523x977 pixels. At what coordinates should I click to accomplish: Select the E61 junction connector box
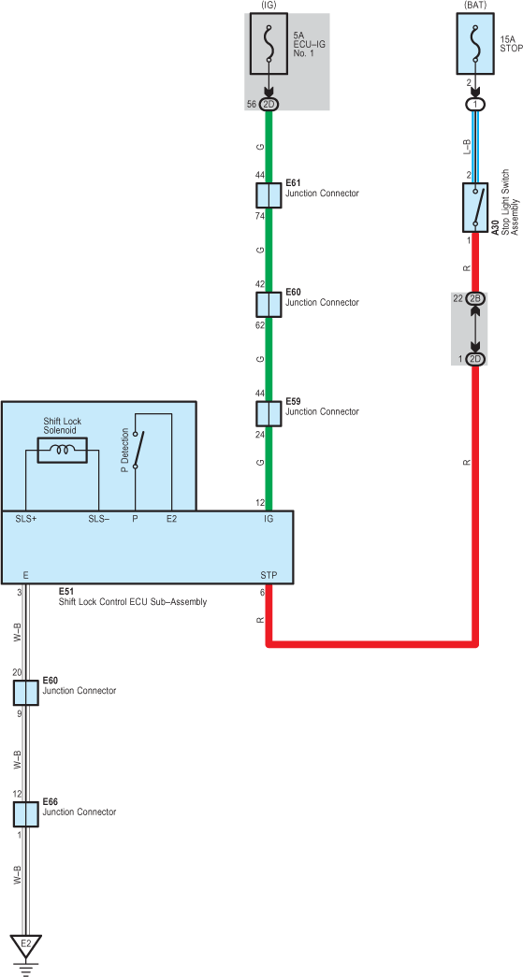(269, 195)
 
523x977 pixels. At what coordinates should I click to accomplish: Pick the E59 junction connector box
(269, 414)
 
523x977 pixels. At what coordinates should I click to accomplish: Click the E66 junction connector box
(25, 813)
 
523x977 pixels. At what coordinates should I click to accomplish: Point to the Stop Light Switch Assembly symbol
(475, 207)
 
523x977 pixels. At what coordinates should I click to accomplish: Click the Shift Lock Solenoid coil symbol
(63, 450)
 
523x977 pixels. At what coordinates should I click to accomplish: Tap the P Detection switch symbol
(138, 450)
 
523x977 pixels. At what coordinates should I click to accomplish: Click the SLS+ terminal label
(26, 518)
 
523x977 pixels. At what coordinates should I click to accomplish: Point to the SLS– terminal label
(99, 518)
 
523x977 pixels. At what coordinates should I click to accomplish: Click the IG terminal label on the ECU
(269, 518)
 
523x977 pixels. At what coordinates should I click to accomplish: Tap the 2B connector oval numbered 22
(475, 298)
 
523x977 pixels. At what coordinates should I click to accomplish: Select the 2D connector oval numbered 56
(269, 104)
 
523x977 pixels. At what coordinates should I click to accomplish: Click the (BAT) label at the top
(475, 5)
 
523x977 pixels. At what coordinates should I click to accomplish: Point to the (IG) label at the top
(269, 5)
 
